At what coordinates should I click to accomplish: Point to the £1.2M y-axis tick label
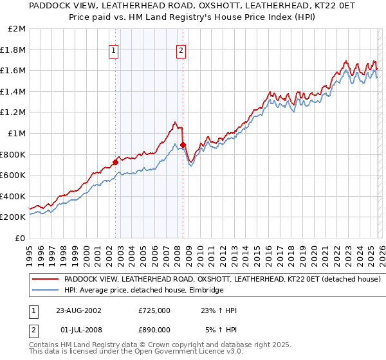coord(14,113)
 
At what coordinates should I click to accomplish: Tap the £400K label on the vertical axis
coord(14,196)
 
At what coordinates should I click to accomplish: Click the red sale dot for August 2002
coord(116,162)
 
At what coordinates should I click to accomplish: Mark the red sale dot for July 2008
coord(183,145)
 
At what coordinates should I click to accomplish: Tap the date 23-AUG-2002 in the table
coord(78,310)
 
